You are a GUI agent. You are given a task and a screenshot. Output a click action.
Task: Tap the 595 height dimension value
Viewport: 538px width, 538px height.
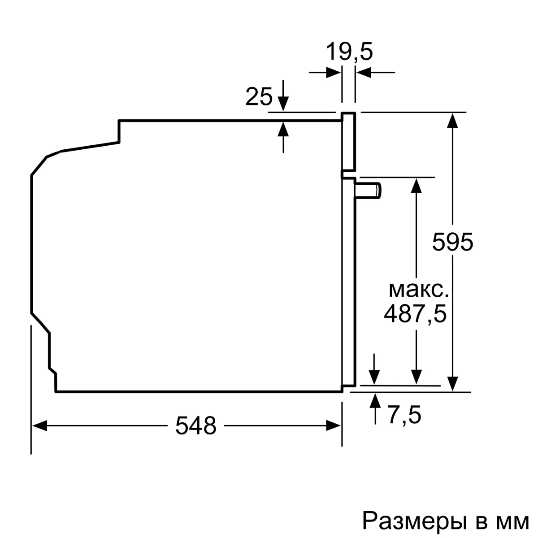pyautogui.click(x=452, y=243)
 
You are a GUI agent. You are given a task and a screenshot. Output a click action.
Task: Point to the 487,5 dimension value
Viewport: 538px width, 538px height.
pyautogui.click(x=415, y=314)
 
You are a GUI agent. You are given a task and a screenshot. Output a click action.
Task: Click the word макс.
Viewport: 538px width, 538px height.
pyautogui.click(x=418, y=290)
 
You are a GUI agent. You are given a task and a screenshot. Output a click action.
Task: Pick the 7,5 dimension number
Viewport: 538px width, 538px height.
pyautogui.click(x=404, y=415)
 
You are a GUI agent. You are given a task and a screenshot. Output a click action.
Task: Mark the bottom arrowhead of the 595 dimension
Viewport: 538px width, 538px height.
pyautogui.click(x=453, y=383)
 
